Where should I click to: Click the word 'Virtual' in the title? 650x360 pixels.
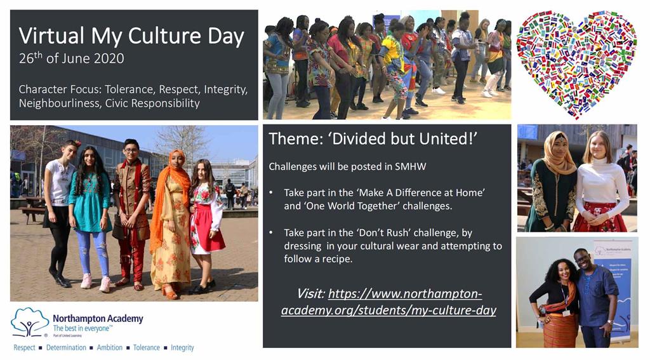[48, 36]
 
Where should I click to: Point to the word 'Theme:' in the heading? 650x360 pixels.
[296, 138]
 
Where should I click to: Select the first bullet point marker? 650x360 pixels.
[272, 192]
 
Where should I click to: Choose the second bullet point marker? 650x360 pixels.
[272, 233]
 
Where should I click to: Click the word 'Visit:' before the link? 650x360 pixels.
[310, 293]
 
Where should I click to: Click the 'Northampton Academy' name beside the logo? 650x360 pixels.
[98, 318]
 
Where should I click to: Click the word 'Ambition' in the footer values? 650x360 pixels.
[111, 348]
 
